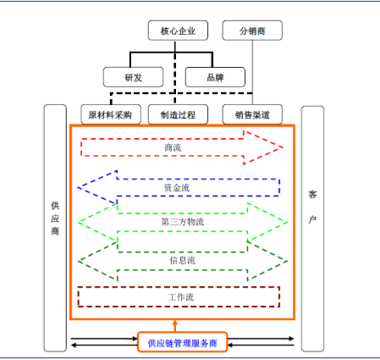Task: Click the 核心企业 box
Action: coord(178,30)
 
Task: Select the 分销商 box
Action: coord(252,30)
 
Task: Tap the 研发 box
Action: coord(133,77)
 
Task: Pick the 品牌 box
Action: coord(215,77)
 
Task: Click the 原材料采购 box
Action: coord(111,114)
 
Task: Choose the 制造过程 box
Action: coord(178,114)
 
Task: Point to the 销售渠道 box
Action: coord(252,114)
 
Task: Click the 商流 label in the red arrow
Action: coord(173,147)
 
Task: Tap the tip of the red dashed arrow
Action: coord(283,147)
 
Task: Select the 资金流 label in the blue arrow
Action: coord(177,188)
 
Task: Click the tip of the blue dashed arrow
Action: coord(78,187)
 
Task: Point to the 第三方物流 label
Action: coord(182,222)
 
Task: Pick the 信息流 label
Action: coord(182,260)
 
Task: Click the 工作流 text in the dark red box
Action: coord(181,297)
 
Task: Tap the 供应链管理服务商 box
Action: coord(182,342)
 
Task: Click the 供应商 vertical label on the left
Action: coord(55,219)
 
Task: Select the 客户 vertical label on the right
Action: coord(312,207)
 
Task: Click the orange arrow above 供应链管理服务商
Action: coord(175,326)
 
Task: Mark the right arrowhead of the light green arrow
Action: coord(267,223)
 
